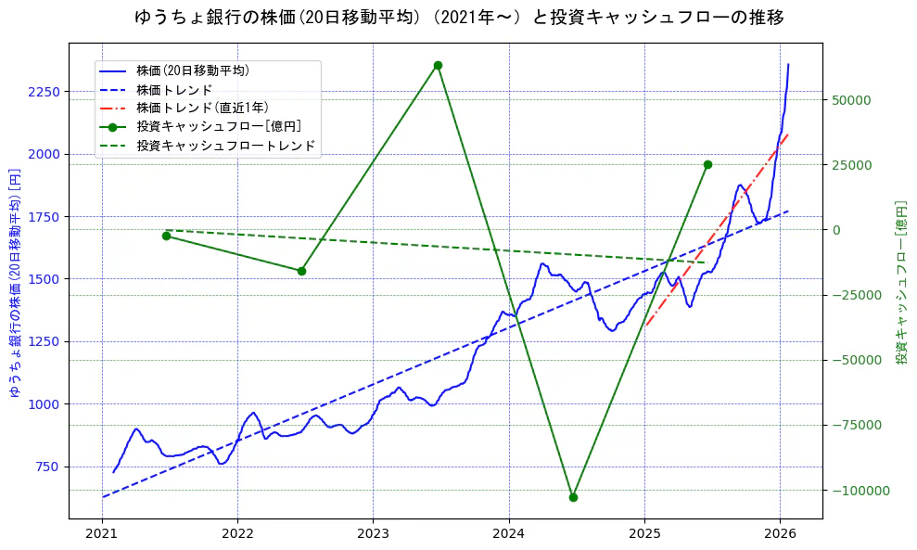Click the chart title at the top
coord(459,18)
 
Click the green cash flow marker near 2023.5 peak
coord(438,65)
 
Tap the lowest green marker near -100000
coord(573,497)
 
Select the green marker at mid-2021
coord(166,236)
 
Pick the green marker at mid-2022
coord(301,271)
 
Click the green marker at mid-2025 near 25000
coord(707,164)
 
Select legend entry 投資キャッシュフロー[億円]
coord(218,126)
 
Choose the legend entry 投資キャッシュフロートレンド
coord(225,146)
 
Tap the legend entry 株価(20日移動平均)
coord(192,70)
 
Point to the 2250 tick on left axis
coord(45,92)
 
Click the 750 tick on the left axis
coord(48,467)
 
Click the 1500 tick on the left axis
coord(45,278)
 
